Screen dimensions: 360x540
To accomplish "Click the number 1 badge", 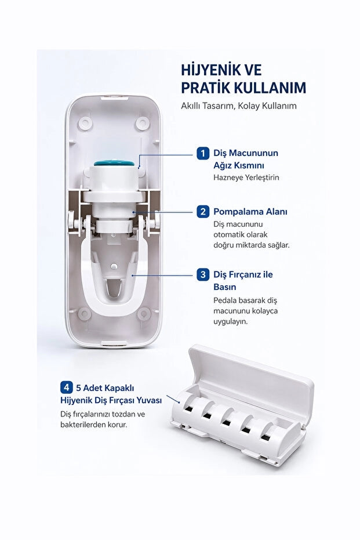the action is click(x=203, y=153).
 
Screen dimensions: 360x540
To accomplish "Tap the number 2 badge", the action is click(x=203, y=212).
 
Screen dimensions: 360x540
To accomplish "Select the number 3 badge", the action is click(x=203, y=274).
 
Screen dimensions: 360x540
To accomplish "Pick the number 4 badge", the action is click(x=67, y=387).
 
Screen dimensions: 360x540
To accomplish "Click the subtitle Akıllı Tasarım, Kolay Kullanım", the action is click(x=238, y=106).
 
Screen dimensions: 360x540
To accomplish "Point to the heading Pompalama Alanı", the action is click(x=250, y=212).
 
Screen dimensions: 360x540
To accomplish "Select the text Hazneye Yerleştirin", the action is click(x=246, y=177).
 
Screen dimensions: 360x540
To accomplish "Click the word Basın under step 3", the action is click(x=225, y=287).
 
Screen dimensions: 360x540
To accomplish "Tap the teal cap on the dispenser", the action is click(x=114, y=162).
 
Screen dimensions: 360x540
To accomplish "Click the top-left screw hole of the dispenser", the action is click(x=84, y=124).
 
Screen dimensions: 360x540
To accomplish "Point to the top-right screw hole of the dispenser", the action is click(x=143, y=124).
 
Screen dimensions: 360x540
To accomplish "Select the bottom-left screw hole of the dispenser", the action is click(x=84, y=313).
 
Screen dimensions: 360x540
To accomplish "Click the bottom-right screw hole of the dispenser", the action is click(x=144, y=313).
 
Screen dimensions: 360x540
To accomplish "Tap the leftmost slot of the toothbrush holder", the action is click(x=188, y=409).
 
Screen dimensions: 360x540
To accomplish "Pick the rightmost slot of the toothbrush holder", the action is click(x=265, y=437).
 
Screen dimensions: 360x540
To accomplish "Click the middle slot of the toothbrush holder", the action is click(x=226, y=423).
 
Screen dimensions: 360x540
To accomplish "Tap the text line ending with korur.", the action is click(x=93, y=425).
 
